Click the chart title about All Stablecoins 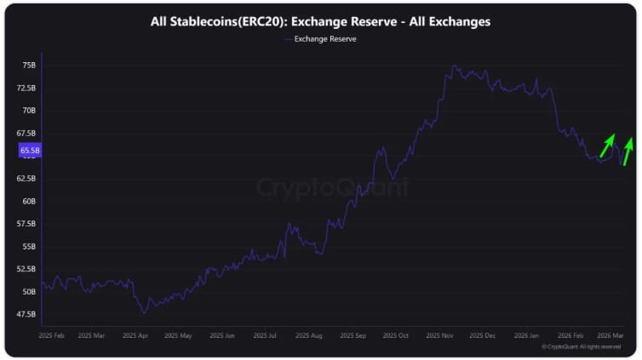(320, 21)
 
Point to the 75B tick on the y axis (28, 65)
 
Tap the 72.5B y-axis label (26, 88)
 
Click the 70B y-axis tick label (28, 111)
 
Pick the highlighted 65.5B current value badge (30, 151)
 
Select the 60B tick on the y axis (28, 202)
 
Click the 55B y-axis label (28, 247)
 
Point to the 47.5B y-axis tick (26, 314)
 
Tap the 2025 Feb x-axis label (52, 336)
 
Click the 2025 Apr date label (136, 336)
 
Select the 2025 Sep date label (352, 336)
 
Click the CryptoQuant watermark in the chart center (332, 187)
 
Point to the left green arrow (607, 146)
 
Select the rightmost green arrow (628, 151)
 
